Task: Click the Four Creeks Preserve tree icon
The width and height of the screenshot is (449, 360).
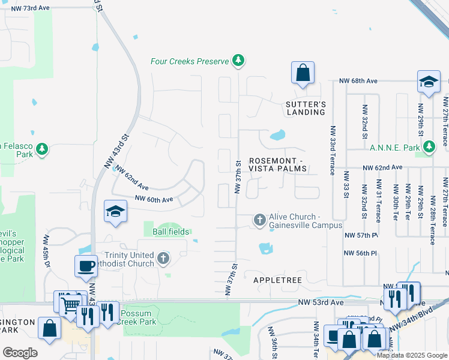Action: pyautogui.click(x=239, y=61)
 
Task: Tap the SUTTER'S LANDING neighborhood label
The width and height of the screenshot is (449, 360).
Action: pyautogui.click(x=306, y=108)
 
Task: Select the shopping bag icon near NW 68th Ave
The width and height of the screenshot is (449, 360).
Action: pyautogui.click(x=303, y=73)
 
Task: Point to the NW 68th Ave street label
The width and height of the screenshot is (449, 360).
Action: pyautogui.click(x=358, y=80)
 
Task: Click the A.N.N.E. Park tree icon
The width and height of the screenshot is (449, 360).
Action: pyautogui.click(x=429, y=147)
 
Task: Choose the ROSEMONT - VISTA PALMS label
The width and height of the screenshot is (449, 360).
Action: pyautogui.click(x=277, y=164)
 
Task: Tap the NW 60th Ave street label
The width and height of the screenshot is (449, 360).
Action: pyautogui.click(x=154, y=199)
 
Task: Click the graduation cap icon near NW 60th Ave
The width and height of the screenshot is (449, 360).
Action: pyautogui.click(x=115, y=211)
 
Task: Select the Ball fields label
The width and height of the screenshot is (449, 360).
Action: pyautogui.click(x=171, y=232)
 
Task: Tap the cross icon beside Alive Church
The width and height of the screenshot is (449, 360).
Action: pyautogui.click(x=259, y=220)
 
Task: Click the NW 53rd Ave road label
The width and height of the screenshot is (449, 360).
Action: pyautogui.click(x=327, y=303)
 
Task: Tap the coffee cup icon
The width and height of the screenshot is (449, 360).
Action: pyautogui.click(x=86, y=266)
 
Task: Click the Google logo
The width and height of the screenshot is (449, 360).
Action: pyautogui.click(x=20, y=352)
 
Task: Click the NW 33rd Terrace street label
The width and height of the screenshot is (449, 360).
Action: pyautogui.click(x=331, y=149)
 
